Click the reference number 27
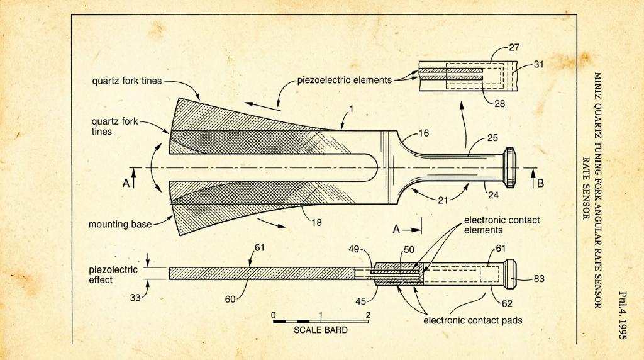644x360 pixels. coord(514,48)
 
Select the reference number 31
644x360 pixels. coord(538,64)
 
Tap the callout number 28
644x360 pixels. coord(499,104)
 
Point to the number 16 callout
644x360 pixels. coord(423,133)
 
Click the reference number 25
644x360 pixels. coord(492,138)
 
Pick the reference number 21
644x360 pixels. coord(443,201)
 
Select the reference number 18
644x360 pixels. coord(316,223)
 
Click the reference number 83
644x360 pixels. coord(539,279)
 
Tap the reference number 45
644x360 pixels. coord(360,301)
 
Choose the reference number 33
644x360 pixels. coord(136,298)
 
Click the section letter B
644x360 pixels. coord(540,183)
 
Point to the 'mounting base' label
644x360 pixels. coord(120,225)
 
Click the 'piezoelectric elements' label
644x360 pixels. coord(345,80)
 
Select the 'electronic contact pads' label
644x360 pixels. coord(473,320)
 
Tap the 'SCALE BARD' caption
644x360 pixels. coord(320,330)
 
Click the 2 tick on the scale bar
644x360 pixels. coord(368,315)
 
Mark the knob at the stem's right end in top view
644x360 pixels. coord(509,167)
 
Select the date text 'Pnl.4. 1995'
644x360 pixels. coord(623,315)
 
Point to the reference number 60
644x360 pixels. coord(230,299)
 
